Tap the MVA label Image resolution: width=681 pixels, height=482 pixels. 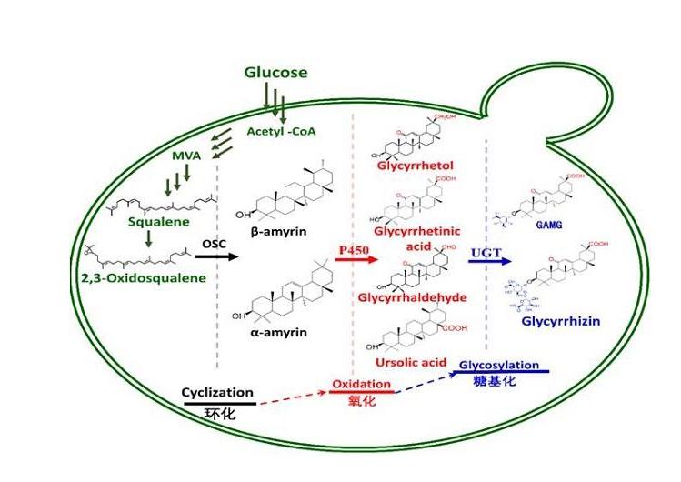185,156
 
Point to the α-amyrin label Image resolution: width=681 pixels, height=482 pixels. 279,332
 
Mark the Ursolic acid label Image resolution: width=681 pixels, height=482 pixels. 410,362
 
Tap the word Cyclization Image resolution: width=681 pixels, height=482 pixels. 217,392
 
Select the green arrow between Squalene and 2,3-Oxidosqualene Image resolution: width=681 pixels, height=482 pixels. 147,241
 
